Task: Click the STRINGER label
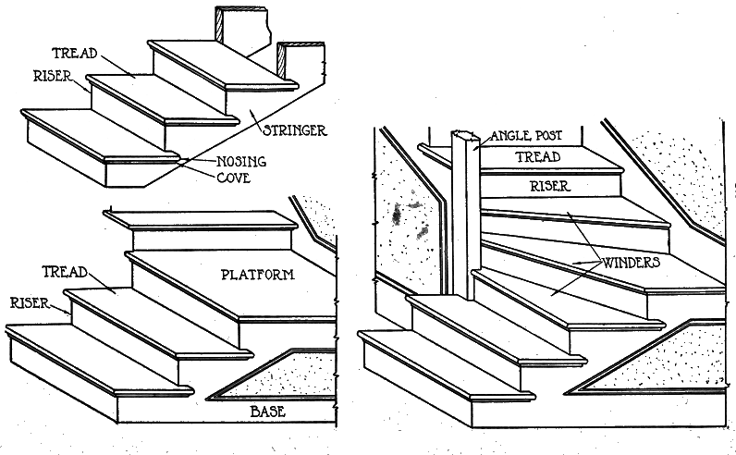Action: pyautogui.click(x=294, y=130)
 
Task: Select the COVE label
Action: pyautogui.click(x=234, y=177)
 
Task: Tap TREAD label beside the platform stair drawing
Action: pyautogui.click(x=65, y=271)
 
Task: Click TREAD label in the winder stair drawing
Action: pyautogui.click(x=537, y=157)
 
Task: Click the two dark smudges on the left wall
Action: pyautogui.click(x=405, y=217)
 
